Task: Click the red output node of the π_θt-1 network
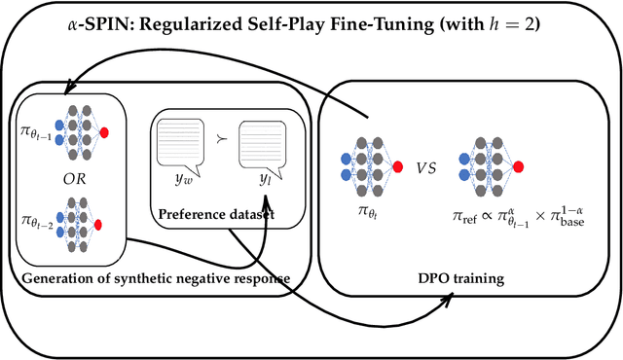coord(104,131)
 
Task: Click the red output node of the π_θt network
coord(396,166)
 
